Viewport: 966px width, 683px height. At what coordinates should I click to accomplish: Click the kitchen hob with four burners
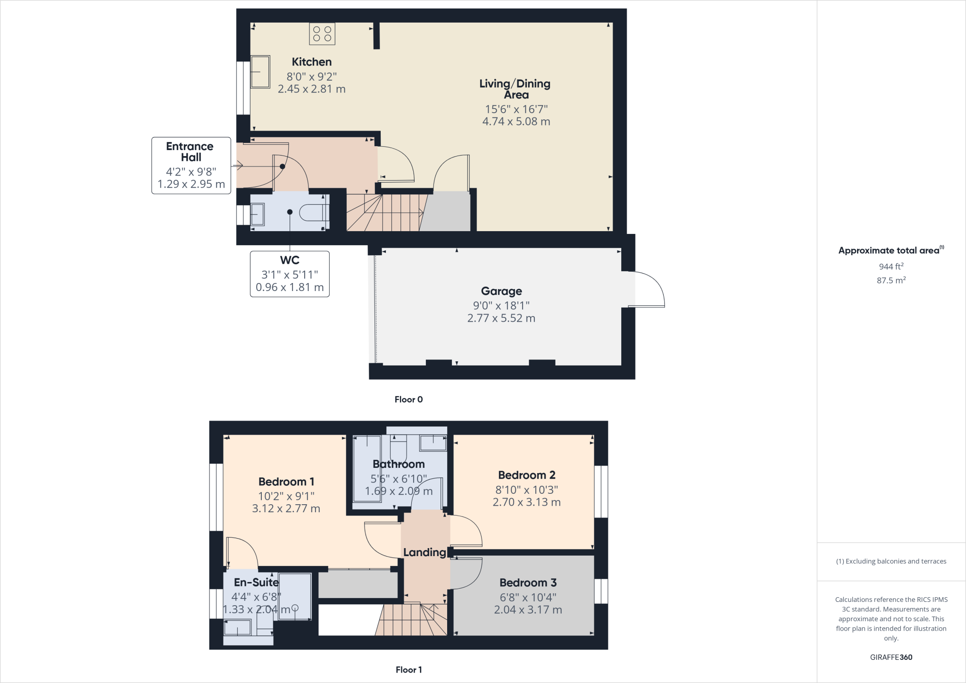click(x=322, y=34)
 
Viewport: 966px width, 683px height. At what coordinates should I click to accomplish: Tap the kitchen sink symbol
click(x=260, y=72)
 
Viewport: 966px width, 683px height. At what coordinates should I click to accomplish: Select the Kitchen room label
click(x=311, y=62)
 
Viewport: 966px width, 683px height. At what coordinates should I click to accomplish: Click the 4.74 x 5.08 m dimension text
click(x=516, y=121)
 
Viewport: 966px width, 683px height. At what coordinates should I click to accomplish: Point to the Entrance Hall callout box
click(x=191, y=165)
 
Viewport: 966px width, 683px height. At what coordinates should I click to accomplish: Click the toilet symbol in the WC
click(x=314, y=212)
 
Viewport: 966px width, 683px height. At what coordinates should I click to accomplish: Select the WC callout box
click(x=290, y=274)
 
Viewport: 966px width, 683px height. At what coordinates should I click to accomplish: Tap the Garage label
click(x=501, y=291)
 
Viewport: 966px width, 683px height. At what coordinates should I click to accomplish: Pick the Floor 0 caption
click(x=408, y=400)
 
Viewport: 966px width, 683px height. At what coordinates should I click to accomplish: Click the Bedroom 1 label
click(x=286, y=482)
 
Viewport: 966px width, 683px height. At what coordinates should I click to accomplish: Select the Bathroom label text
click(x=399, y=464)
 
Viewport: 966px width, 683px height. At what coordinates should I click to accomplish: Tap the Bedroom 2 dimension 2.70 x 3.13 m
click(x=526, y=502)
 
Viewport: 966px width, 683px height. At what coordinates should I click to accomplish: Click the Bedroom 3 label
click(x=528, y=583)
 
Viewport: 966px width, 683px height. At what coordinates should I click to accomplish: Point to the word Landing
click(x=425, y=552)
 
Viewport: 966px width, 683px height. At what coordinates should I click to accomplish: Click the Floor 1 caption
click(x=408, y=670)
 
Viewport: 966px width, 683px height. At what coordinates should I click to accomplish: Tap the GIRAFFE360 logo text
click(x=891, y=657)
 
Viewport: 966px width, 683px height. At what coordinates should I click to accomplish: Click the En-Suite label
click(x=256, y=583)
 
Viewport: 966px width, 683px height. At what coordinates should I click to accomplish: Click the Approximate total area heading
click(x=891, y=250)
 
